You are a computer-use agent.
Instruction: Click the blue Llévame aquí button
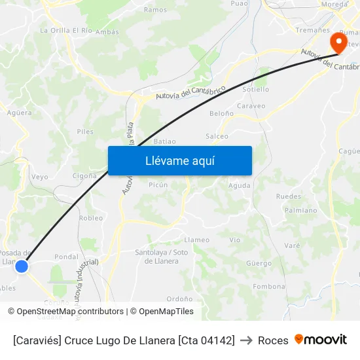pyautogui.click(x=179, y=160)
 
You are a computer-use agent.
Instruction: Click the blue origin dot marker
pyautogui.click(x=22, y=266)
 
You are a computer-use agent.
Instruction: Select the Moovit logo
pyautogui.click(x=320, y=340)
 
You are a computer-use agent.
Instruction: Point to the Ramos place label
pyautogui.click(x=155, y=10)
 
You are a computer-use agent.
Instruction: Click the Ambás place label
pyautogui.click(x=107, y=31)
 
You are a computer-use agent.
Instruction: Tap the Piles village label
pyautogui.click(x=84, y=132)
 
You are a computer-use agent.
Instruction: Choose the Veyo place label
pyautogui.click(x=39, y=177)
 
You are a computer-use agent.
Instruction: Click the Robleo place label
pyautogui.click(x=91, y=218)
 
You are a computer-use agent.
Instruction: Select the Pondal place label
pyautogui.click(x=66, y=257)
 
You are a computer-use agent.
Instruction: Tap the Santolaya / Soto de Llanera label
pyautogui.click(x=161, y=257)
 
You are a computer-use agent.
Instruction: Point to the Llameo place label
pyautogui.click(x=197, y=240)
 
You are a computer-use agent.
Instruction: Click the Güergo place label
pyautogui.click(x=259, y=263)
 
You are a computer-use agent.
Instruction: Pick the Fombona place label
pyautogui.click(x=269, y=286)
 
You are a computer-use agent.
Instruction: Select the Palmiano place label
pyautogui.click(x=300, y=210)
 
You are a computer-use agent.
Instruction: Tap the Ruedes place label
pyautogui.click(x=288, y=196)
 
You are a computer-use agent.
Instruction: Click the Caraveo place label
pyautogui.click(x=251, y=105)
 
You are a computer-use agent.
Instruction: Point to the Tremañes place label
pyautogui.click(x=312, y=30)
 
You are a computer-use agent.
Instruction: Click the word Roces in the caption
pyautogui.click(x=273, y=340)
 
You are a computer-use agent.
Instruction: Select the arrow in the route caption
pyautogui.click(x=246, y=340)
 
